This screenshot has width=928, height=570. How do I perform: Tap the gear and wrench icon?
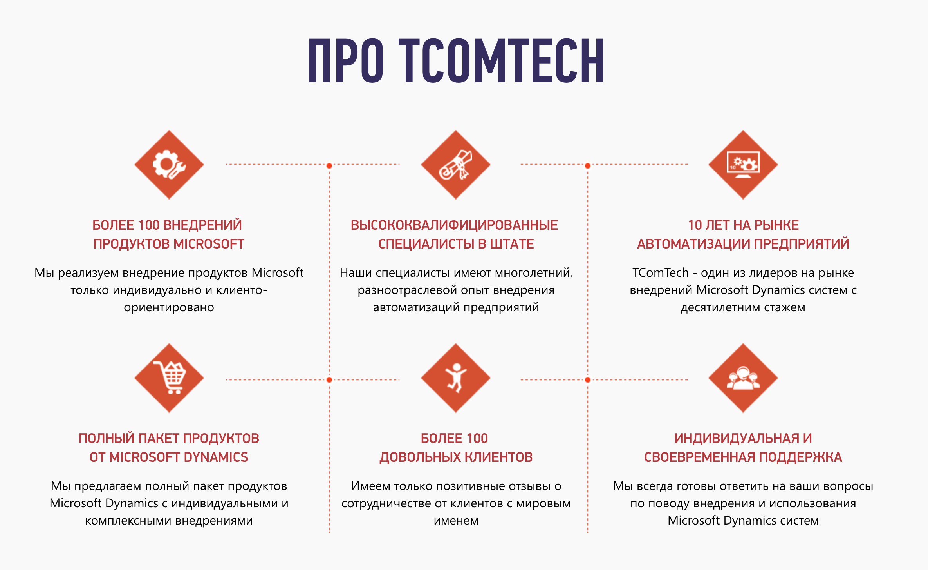click(x=169, y=165)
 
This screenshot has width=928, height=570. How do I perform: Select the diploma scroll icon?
click(x=456, y=165)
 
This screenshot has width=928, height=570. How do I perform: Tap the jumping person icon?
click(x=456, y=378)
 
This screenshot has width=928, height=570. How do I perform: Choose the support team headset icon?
click(x=743, y=378)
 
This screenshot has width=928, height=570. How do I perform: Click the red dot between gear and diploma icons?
click(x=329, y=166)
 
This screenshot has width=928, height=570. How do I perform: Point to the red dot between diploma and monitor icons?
click(x=588, y=166)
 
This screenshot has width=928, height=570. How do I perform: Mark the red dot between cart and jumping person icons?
click(x=329, y=379)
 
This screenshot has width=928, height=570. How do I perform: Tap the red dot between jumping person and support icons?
click(x=588, y=379)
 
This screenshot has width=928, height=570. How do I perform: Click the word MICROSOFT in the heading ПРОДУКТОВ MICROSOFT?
click(x=209, y=244)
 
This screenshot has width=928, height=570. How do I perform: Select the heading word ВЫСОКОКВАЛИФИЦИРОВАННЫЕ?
click(x=454, y=225)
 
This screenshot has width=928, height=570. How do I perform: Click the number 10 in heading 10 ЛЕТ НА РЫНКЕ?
click(x=695, y=225)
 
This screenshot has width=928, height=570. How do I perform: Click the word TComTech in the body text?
click(x=661, y=272)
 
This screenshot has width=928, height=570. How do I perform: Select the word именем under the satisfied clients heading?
click(x=456, y=521)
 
